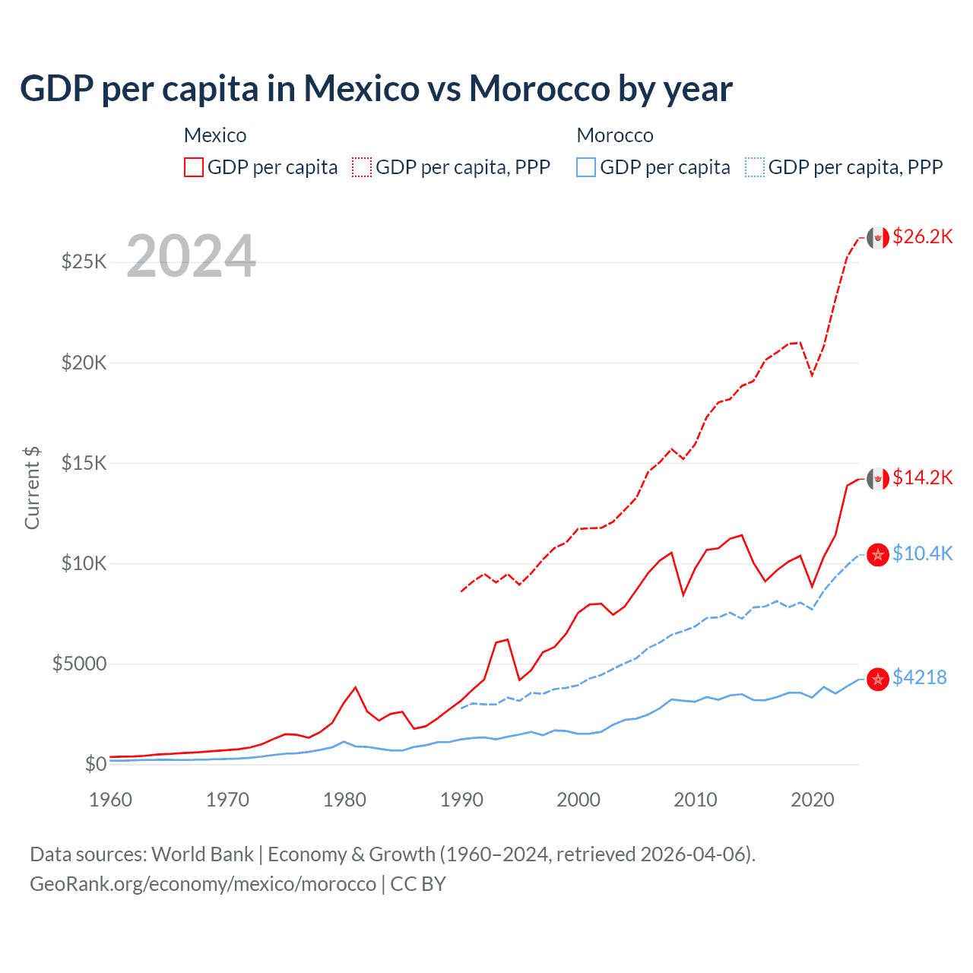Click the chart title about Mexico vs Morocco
pyautogui.click(x=376, y=89)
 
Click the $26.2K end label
pyautogui.click(x=922, y=237)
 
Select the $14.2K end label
pyautogui.click(x=922, y=478)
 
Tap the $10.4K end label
pyautogui.click(x=922, y=554)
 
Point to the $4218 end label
pyautogui.click(x=919, y=678)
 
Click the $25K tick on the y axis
pyautogui.click(x=84, y=262)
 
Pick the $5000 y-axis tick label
pyautogui.click(x=79, y=664)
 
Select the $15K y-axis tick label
pyautogui.click(x=84, y=463)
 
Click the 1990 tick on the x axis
pyautogui.click(x=461, y=800)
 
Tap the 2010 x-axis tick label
pyautogui.click(x=696, y=800)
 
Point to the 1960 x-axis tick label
pyautogui.click(x=111, y=800)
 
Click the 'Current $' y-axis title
pyautogui.click(x=32, y=488)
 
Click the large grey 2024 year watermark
pyautogui.click(x=191, y=257)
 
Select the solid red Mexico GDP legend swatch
pyautogui.click(x=194, y=167)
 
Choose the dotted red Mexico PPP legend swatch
pyautogui.click(x=362, y=167)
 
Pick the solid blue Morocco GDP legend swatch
pyautogui.click(x=586, y=167)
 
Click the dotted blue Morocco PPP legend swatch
pyautogui.click(x=755, y=167)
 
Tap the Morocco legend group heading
pyautogui.click(x=615, y=136)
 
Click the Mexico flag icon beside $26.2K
pyautogui.click(x=878, y=238)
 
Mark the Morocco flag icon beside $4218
pyautogui.click(x=878, y=679)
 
